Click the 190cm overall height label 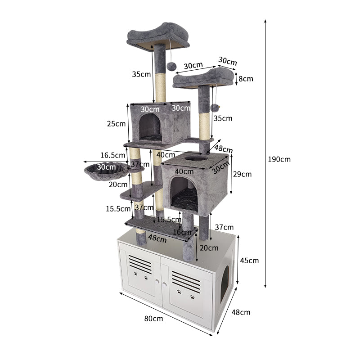coord(279,159)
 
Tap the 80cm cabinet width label coord(153,319)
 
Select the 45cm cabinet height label coord(249,261)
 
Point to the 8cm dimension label coord(246,79)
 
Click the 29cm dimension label coord(242,174)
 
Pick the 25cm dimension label coord(116,124)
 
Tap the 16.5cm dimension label coord(113,155)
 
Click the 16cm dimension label coord(182,232)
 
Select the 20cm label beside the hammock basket coord(118,184)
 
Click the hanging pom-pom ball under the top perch coord(171,66)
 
